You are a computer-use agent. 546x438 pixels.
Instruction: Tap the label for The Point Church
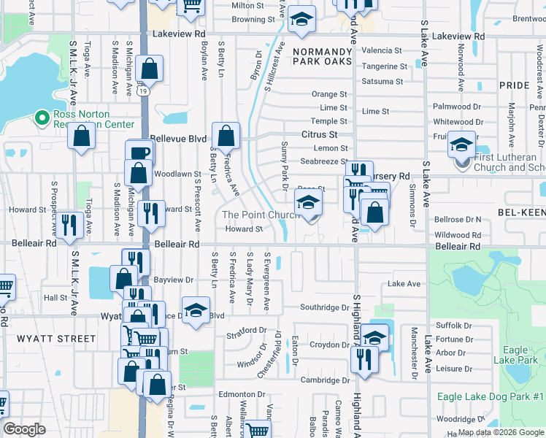[x=261, y=215]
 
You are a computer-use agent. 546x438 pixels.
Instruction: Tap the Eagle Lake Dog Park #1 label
[x=485, y=396]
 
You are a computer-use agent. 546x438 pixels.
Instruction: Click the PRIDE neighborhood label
[x=514, y=85]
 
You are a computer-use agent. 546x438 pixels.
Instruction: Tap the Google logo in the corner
[x=25, y=429]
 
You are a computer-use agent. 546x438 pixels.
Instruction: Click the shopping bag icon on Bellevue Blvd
[x=226, y=135]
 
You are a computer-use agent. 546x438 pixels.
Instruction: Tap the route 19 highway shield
[x=140, y=90]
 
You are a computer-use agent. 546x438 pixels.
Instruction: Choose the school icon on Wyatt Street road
[x=196, y=310]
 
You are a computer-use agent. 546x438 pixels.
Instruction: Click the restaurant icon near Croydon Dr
[x=361, y=358]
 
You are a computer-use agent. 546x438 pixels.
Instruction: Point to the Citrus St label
[x=319, y=135]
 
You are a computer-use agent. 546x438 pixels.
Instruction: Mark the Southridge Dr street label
[x=326, y=307]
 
